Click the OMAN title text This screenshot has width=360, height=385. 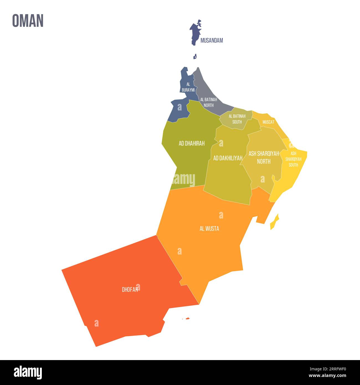tap(28, 20)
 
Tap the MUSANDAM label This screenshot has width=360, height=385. tap(212, 40)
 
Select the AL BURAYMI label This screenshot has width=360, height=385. tap(188, 87)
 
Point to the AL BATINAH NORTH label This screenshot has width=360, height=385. tap(209, 102)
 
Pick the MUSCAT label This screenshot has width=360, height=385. tap(268, 122)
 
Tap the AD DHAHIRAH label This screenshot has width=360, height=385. tap(192, 143)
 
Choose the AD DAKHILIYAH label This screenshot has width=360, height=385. tap(228, 158)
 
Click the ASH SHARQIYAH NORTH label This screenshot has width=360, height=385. tap(264, 157)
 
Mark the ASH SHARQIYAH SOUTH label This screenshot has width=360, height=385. tap(293, 159)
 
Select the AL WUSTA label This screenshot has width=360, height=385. tap(209, 229)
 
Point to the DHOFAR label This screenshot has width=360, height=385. tap(130, 290)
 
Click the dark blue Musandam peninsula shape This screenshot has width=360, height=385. tap(195, 33)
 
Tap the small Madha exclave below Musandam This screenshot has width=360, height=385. tap(195, 57)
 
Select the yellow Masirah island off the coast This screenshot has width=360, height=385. tap(275, 222)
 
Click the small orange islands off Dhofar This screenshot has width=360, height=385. tap(187, 319)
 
